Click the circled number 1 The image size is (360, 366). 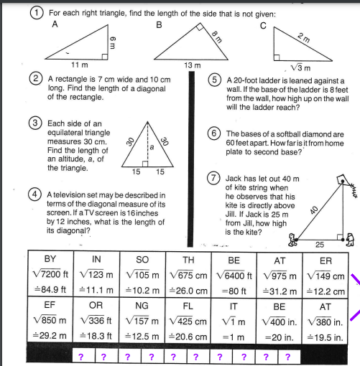(37, 13)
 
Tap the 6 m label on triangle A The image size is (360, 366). (112, 42)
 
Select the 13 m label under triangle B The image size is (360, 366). (193, 65)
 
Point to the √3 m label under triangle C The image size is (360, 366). (300, 67)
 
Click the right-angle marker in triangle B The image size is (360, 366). (200, 27)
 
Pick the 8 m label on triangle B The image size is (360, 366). (217, 37)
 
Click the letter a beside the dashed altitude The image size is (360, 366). (152, 147)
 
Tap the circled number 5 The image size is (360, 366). (214, 80)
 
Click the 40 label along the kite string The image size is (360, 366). (314, 210)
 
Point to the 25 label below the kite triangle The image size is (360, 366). (320, 245)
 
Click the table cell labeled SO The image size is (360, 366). (142, 274)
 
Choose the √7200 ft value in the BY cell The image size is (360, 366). (50, 273)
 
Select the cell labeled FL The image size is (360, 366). (188, 321)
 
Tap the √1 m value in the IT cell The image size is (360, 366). (234, 322)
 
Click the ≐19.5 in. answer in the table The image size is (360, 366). (326, 337)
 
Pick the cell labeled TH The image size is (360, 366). (188, 274)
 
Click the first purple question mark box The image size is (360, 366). (81, 357)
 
